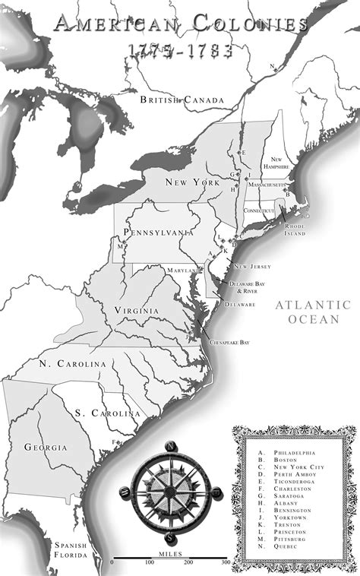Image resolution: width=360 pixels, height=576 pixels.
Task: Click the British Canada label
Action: click(182, 100)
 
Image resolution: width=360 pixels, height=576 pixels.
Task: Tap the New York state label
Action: click(193, 182)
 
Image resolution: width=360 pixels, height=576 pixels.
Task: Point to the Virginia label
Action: click(137, 311)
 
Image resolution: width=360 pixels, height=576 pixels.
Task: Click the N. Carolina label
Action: click(73, 364)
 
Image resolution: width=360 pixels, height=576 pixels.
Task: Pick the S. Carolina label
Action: click(107, 413)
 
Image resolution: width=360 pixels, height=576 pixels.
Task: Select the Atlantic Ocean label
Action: click(313, 312)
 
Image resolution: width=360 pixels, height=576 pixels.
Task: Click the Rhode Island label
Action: click(295, 229)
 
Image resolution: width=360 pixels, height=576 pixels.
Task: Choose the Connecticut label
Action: click(258, 210)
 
